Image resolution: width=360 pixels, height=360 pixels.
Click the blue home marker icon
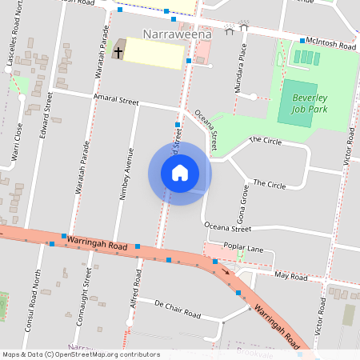pyautogui.click(x=180, y=173)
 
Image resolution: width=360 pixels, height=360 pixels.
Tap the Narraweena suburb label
pyautogui.click(x=177, y=34)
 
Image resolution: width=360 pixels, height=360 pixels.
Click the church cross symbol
pyautogui.click(x=118, y=53)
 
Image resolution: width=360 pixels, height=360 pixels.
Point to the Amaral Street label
pyautogui.click(x=116, y=102)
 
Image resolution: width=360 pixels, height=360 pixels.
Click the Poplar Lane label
pyautogui.click(x=243, y=249)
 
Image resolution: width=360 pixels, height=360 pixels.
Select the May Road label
pyautogui.click(x=290, y=277)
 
